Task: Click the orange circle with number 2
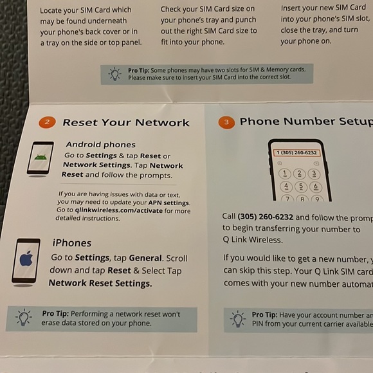(x=46, y=122)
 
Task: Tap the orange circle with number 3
(x=226, y=122)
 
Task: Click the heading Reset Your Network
(x=126, y=122)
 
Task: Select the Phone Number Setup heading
(x=305, y=121)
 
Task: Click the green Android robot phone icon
(x=41, y=158)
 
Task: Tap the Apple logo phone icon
(x=26, y=260)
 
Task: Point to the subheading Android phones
(x=100, y=145)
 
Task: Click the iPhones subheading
(x=71, y=242)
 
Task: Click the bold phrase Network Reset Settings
(x=100, y=283)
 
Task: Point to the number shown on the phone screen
(x=296, y=152)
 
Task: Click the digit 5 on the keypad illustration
(x=300, y=186)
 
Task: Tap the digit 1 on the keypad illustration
(x=284, y=174)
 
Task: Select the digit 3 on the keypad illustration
(x=314, y=174)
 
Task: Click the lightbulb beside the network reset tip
(x=24, y=318)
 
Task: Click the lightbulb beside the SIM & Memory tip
(x=114, y=73)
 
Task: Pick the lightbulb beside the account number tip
(x=238, y=319)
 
